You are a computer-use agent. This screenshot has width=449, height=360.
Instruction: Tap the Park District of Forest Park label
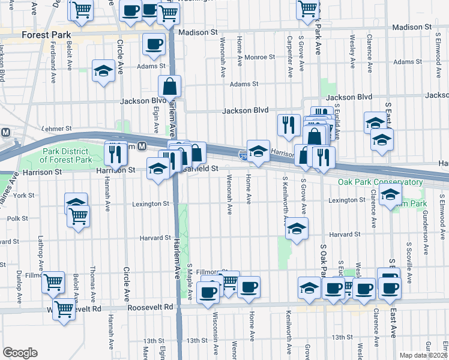(66, 155)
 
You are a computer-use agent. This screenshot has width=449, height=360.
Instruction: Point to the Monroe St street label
(260, 58)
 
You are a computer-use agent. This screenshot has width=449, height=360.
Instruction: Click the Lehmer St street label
(57, 128)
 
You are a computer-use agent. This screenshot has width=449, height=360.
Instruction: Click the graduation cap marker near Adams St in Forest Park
(103, 71)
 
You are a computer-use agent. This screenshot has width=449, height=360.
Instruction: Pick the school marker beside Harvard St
(297, 229)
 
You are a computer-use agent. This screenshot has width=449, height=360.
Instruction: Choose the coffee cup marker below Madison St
(154, 44)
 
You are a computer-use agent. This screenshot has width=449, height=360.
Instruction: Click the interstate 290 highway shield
(243, 156)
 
